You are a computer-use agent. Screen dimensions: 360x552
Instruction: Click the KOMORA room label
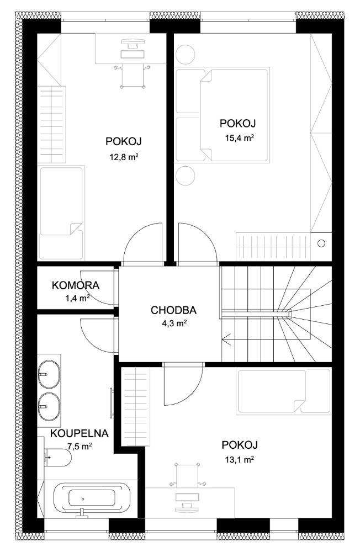[x=76, y=285]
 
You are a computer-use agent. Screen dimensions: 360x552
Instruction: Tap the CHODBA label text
[x=173, y=310]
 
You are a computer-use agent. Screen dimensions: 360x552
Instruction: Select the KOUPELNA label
[x=80, y=433]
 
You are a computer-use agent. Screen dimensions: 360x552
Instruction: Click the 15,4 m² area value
[x=240, y=137]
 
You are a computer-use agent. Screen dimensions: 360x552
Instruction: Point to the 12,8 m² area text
[x=123, y=157]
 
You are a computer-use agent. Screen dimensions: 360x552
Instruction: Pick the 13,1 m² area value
[x=240, y=459]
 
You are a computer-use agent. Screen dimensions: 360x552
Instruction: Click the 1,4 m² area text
[x=77, y=299]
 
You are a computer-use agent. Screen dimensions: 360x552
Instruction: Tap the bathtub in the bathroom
[x=92, y=499]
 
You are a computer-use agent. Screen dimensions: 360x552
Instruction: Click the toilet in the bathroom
[x=58, y=457]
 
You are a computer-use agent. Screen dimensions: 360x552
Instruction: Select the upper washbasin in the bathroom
[x=49, y=374]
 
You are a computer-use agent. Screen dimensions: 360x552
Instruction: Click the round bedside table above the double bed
[x=185, y=55]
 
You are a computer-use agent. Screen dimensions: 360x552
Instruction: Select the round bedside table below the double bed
[x=185, y=176]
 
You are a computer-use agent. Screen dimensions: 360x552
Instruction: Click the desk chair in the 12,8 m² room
[x=133, y=76]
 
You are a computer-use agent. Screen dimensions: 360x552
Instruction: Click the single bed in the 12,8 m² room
[x=61, y=213]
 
